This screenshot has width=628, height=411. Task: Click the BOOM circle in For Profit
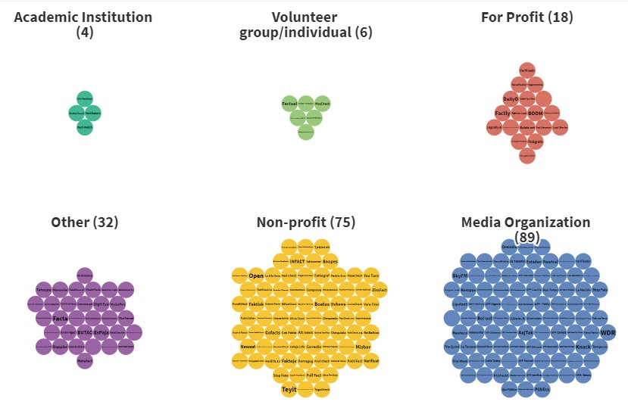(x=536, y=114)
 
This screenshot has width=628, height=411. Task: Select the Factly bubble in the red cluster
(x=503, y=114)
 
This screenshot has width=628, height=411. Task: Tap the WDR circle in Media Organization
(x=608, y=333)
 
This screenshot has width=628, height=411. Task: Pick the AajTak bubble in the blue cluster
(x=526, y=333)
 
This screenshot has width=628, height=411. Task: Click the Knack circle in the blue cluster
(x=583, y=347)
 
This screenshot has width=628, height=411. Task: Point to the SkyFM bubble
(x=460, y=276)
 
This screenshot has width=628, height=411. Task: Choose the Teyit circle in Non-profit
(x=289, y=390)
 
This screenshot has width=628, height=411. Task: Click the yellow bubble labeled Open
(x=256, y=276)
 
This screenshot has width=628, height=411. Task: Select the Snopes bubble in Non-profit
(x=330, y=262)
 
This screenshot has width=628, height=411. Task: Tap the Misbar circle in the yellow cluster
(x=362, y=347)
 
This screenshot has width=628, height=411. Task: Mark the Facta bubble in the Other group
(x=61, y=319)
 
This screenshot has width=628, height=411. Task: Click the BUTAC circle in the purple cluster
(x=85, y=332)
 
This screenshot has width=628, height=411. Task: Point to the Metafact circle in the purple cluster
(x=85, y=361)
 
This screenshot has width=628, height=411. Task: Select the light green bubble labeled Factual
(x=289, y=103)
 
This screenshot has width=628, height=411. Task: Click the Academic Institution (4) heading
(x=83, y=24)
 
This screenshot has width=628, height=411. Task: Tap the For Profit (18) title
(x=527, y=17)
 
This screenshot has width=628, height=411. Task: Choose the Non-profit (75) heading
(x=306, y=223)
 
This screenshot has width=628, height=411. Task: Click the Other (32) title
(x=85, y=223)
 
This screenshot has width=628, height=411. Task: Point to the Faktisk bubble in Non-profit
(x=256, y=304)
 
